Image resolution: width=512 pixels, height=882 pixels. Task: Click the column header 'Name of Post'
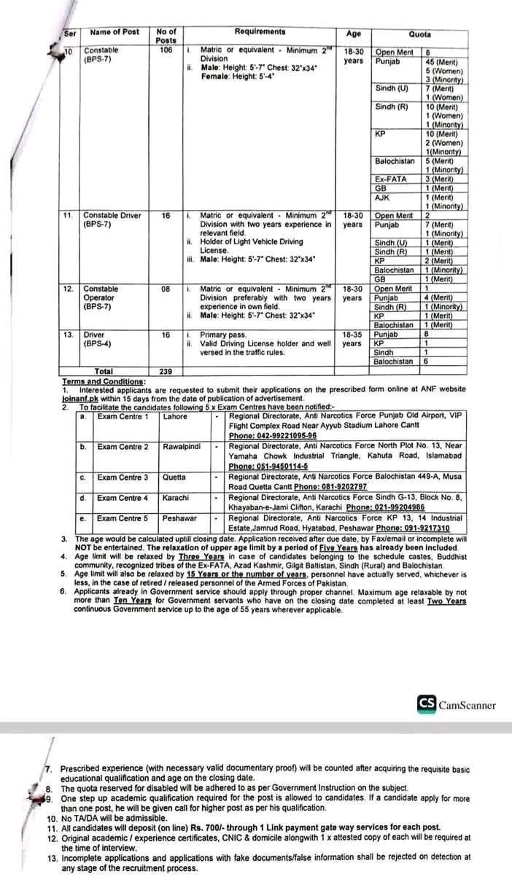(115, 33)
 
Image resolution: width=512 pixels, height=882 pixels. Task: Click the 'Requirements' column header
(260, 32)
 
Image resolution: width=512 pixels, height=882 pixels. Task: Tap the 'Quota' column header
(419, 34)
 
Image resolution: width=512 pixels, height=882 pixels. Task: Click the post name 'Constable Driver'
(112, 216)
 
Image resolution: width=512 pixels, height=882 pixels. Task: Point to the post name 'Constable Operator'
(99, 298)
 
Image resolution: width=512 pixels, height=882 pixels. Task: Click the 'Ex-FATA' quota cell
(389, 179)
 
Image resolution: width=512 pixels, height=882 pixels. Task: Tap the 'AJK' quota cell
(383, 197)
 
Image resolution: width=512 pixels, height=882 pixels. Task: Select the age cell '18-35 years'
(352, 339)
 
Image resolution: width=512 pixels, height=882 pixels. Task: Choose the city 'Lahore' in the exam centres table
(175, 417)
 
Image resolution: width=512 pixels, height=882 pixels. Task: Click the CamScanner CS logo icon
(427, 704)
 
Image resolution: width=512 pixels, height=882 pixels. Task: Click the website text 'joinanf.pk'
(82, 398)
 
